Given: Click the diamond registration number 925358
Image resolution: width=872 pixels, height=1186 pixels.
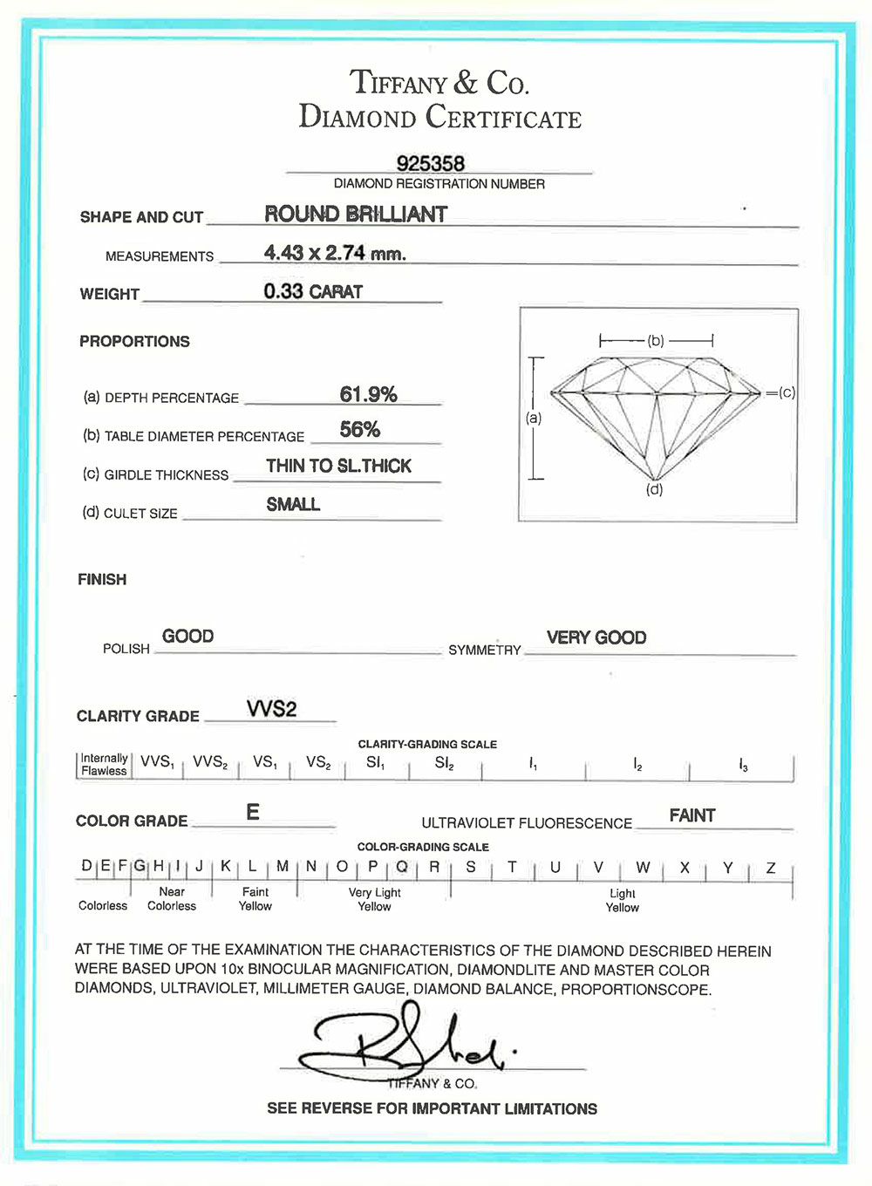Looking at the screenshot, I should coord(431,163).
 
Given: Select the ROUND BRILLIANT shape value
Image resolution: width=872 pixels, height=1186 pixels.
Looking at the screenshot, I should coord(356,214).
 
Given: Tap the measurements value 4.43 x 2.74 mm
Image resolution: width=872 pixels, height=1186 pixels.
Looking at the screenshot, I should coord(335,253).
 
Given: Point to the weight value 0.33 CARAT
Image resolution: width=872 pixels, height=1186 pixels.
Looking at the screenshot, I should coord(313,291).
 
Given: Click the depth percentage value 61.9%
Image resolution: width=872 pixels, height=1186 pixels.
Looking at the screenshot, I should coord(368,394).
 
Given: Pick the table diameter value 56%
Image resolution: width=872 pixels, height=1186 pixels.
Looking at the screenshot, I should coord(360,429).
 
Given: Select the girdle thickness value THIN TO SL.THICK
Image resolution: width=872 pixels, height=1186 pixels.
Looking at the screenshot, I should coord(338,466).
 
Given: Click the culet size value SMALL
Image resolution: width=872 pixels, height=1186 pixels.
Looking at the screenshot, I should coord(293,504).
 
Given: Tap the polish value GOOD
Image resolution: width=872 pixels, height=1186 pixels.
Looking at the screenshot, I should coord(187,636).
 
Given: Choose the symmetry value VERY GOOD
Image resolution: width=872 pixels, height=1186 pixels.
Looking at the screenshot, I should coord(596,637).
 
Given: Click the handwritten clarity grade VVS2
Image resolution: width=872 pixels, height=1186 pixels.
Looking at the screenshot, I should coord(271,708).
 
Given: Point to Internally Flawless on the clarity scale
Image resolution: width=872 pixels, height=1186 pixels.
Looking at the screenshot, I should coord(104,764).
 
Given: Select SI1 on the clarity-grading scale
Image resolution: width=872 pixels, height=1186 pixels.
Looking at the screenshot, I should coord(375,762).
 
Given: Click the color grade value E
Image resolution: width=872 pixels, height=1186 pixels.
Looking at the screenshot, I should coord(253,812).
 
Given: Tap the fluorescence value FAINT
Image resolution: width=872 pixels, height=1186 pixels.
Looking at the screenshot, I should coord(692,815).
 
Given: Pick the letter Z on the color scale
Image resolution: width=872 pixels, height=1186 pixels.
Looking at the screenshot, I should coord(771,868).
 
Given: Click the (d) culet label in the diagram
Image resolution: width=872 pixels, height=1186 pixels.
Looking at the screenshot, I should coord(654,489).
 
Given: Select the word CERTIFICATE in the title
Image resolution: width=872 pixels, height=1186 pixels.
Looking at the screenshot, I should coord(503,118).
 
